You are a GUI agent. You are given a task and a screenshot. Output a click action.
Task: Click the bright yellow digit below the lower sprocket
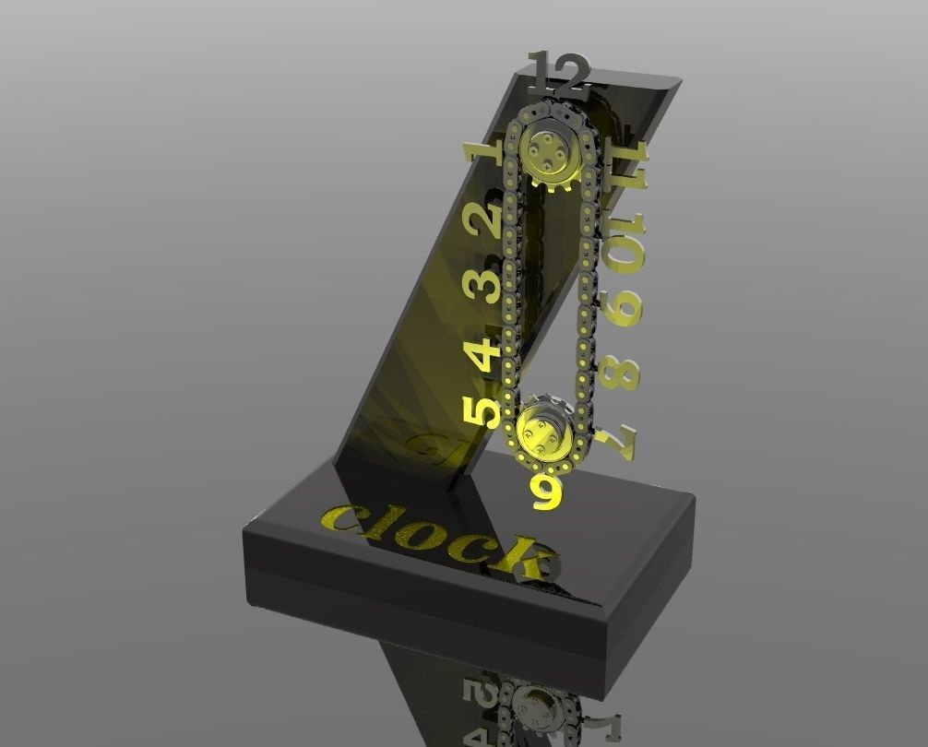click(547, 491)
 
